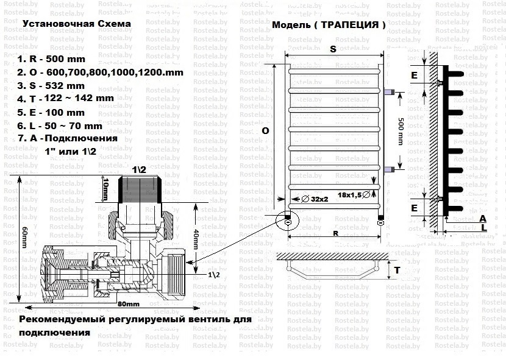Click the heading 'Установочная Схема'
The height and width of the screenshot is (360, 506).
[76, 24]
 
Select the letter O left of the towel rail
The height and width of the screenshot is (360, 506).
[265, 131]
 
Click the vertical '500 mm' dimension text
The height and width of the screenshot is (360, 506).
[401, 129]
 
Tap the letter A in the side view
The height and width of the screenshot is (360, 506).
[483, 217]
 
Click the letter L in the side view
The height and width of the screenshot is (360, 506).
[483, 227]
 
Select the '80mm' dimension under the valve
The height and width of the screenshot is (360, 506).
[127, 303]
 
